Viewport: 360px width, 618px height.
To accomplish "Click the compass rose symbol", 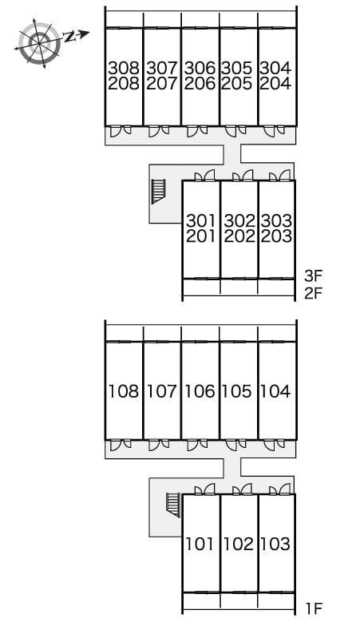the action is pyautogui.click(x=39, y=42).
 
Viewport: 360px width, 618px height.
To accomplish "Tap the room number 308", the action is pyautogui.click(x=124, y=68).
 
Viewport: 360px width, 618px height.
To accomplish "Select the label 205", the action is pyautogui.click(x=237, y=84).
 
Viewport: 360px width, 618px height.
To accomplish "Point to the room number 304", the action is pyautogui.click(x=275, y=68).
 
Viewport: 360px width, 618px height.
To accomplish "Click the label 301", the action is pyautogui.click(x=201, y=220).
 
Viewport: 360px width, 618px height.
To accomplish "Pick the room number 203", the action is pyautogui.click(x=276, y=236).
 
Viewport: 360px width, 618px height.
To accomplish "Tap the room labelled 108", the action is pyautogui.click(x=124, y=391).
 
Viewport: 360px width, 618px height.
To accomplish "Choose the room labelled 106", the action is pyautogui.click(x=200, y=391).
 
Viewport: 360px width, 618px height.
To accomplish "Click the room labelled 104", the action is pyautogui.click(x=275, y=391).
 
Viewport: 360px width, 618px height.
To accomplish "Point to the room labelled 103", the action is pyautogui.click(x=275, y=544).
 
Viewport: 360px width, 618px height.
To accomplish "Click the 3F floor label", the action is pyautogui.click(x=314, y=276).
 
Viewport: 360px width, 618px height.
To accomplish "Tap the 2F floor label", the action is pyautogui.click(x=314, y=294).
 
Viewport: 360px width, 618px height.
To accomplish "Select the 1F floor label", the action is pyautogui.click(x=315, y=609).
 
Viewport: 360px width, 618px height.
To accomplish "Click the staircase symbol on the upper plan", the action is pyautogui.click(x=158, y=192).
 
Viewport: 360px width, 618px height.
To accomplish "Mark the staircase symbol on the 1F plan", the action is pyautogui.click(x=173, y=505).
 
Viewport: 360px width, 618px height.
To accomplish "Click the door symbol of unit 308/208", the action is pyautogui.click(x=120, y=131).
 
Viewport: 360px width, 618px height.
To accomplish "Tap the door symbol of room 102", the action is pyautogui.click(x=242, y=489).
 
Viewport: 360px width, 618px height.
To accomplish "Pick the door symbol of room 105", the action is pyautogui.click(x=235, y=445).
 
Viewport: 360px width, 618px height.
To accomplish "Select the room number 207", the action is pyautogui.click(x=162, y=84).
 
